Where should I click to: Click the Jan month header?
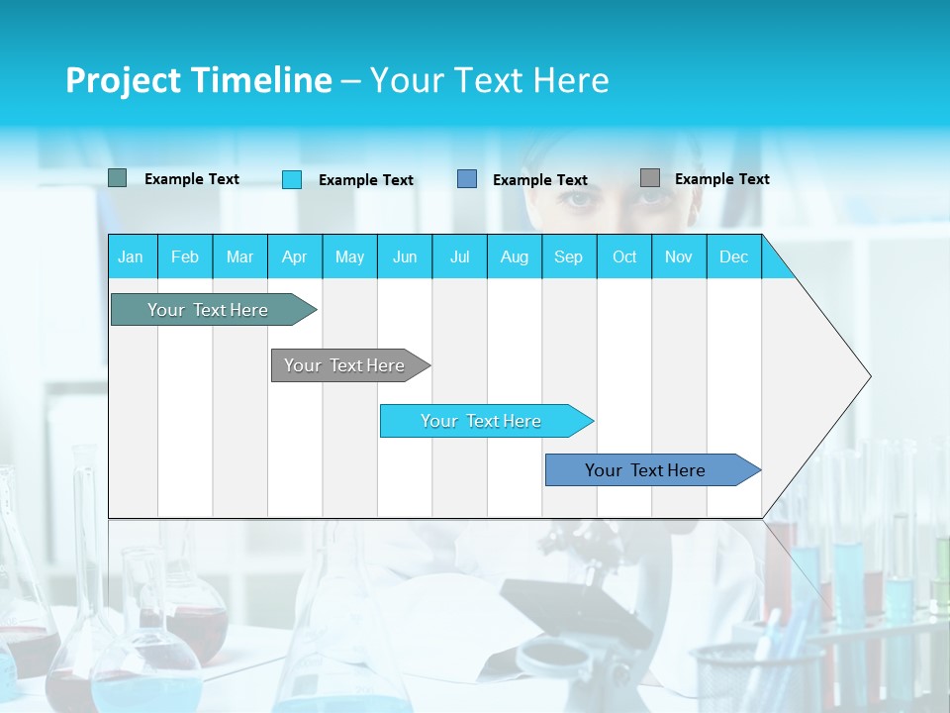tap(132, 256)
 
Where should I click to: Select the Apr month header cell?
tap(295, 256)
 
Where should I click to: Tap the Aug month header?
tap(515, 256)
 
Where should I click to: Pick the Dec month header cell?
tap(734, 256)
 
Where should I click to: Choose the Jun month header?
tap(405, 256)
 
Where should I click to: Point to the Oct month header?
tap(624, 256)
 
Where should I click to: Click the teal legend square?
tap(117, 178)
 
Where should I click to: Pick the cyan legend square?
tap(292, 179)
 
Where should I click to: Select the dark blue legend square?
tap(467, 179)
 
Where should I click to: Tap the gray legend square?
tap(650, 178)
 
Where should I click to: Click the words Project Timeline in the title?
tap(199, 80)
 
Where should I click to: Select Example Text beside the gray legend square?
tap(721, 179)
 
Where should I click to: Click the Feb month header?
tap(185, 256)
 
